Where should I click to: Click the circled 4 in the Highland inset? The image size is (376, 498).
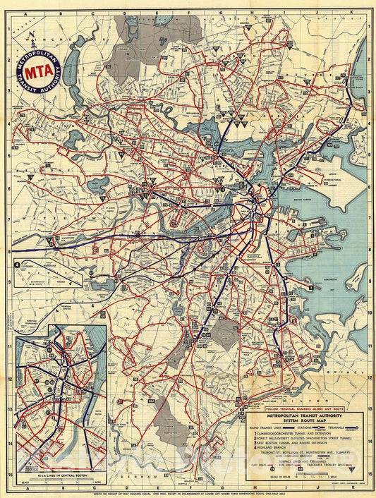click(16, 265)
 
